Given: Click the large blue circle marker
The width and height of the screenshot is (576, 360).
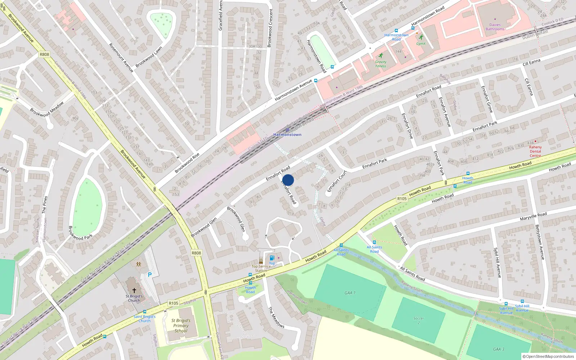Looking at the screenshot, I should coord(288,180).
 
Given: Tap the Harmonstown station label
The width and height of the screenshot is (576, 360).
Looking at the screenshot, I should coord(287,135).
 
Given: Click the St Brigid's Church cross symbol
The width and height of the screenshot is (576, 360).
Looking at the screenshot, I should coord(134,290).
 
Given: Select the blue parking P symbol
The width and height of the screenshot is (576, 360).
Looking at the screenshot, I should coord(150,275).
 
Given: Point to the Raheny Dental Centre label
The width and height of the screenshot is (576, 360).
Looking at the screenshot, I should coord(535,151).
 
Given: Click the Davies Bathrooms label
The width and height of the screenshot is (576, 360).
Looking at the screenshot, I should coord(495,27).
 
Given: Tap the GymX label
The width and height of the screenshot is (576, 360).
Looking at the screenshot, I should coord(421,44).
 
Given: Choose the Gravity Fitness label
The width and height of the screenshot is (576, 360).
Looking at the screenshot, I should coord(381,64).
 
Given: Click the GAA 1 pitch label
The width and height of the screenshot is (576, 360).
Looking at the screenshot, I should coord(350,293).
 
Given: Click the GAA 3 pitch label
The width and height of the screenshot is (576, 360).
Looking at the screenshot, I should coord(499,349).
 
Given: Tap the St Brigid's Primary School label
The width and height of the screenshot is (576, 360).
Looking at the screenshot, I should coord(181,325).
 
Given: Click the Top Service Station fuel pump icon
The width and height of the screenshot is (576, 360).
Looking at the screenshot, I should coord(272,258).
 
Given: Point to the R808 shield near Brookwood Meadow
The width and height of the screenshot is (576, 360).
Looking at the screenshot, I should coord(44,54).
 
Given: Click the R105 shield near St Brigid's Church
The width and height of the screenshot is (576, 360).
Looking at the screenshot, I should coord(174,303).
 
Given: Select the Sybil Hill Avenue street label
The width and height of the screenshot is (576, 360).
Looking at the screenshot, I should coord(497,262).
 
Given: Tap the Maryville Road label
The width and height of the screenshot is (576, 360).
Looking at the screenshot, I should coord(533,216).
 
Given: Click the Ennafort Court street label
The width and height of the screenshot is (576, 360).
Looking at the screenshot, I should coord(337,181).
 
